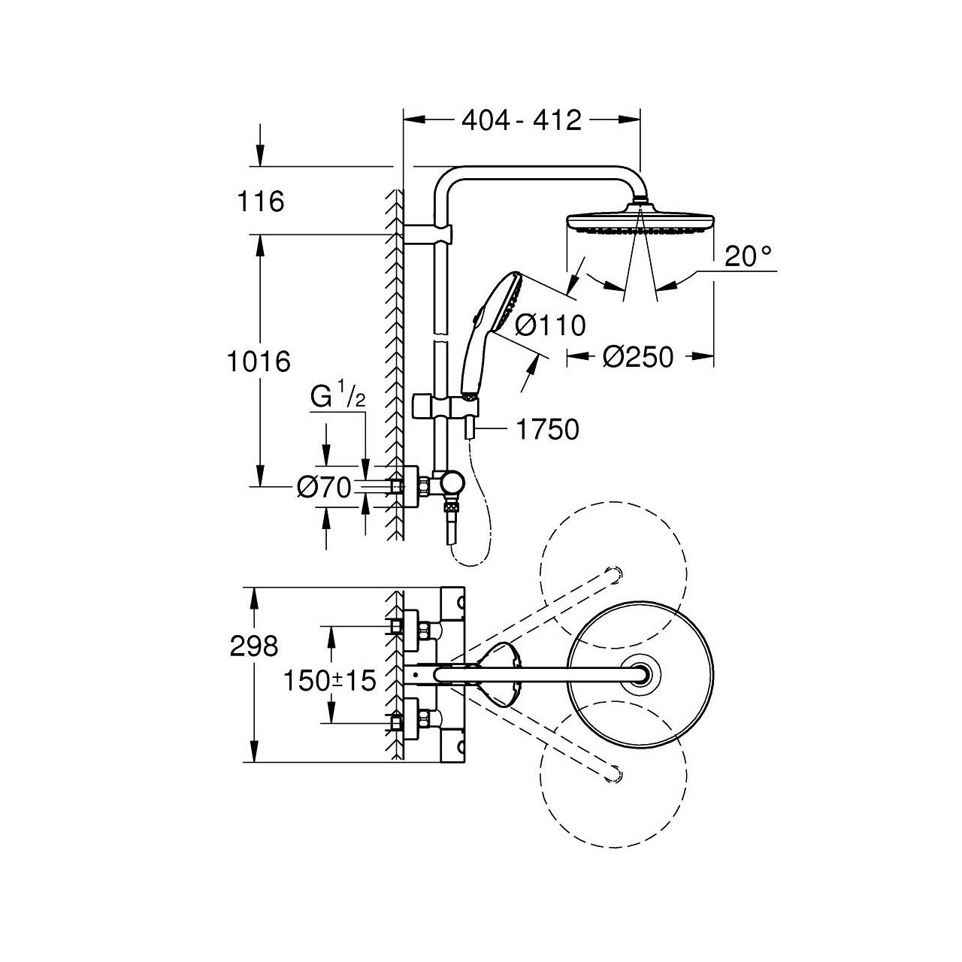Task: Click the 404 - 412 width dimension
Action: coord(522,121)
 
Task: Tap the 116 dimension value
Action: coord(260,201)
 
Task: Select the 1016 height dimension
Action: coord(258,361)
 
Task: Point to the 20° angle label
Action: coord(747,256)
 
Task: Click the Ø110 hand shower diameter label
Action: coord(549,325)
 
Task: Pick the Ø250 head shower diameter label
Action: coord(637,357)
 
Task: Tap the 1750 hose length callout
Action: coord(548,429)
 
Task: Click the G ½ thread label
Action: coord(337,397)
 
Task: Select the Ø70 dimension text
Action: coord(324,487)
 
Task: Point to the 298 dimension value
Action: coord(253,647)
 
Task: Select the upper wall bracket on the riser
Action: coord(428,234)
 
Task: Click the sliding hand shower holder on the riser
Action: coord(446,405)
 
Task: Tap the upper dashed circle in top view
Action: coord(613,575)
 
